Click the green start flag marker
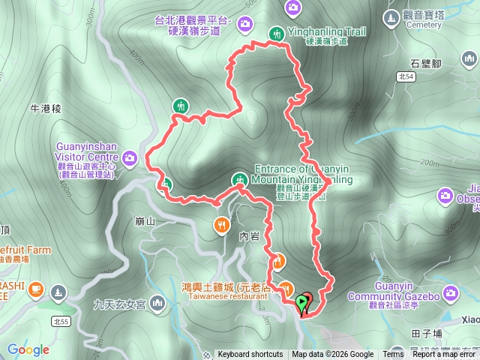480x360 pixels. click(302, 303)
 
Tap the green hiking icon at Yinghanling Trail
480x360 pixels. click(276, 33)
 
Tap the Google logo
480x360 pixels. click(28, 349)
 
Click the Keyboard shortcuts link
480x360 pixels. click(250, 355)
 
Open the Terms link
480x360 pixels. click(393, 355)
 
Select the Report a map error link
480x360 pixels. click(445, 355)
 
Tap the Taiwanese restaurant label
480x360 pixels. click(223, 296)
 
